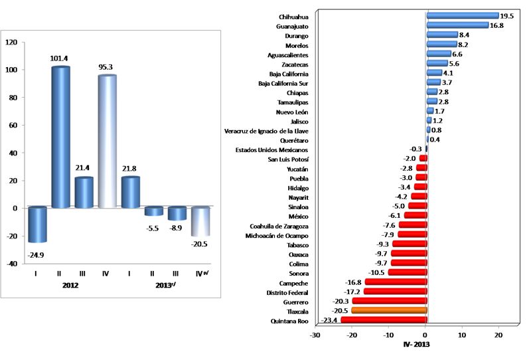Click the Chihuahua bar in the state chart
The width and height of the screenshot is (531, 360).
pyautogui.click(x=462, y=15)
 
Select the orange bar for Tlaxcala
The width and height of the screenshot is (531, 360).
pyautogui.click(x=389, y=310)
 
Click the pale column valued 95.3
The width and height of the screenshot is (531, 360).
pyautogui.click(x=107, y=141)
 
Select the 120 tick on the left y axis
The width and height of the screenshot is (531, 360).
pyautogui.click(x=11, y=42)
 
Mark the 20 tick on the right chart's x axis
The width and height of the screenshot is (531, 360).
pyautogui.click(x=498, y=335)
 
